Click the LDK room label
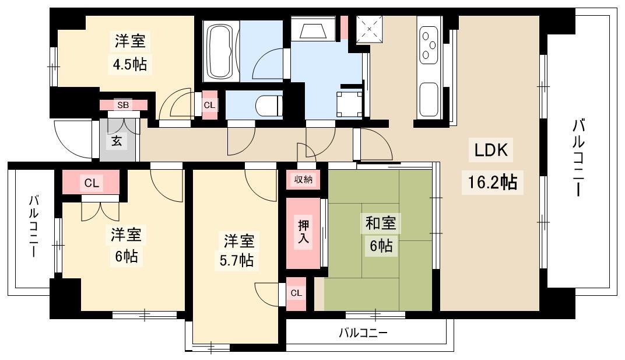[491, 150]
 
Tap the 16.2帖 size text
[492, 182]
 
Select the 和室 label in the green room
[381, 223]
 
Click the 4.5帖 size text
[129, 64]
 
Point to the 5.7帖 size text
[237, 260]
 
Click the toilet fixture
[268, 104]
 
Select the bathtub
[221, 51]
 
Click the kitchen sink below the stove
[429, 100]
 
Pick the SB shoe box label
[123, 105]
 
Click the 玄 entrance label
[117, 141]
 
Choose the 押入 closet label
[304, 232]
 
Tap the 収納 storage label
[303, 180]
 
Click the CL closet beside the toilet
[210, 105]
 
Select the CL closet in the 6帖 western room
[92, 183]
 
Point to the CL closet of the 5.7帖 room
[296, 293]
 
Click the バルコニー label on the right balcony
[579, 158]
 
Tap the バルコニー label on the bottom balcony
[363, 333]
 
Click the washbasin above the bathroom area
[312, 29]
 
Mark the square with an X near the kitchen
[369, 29]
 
